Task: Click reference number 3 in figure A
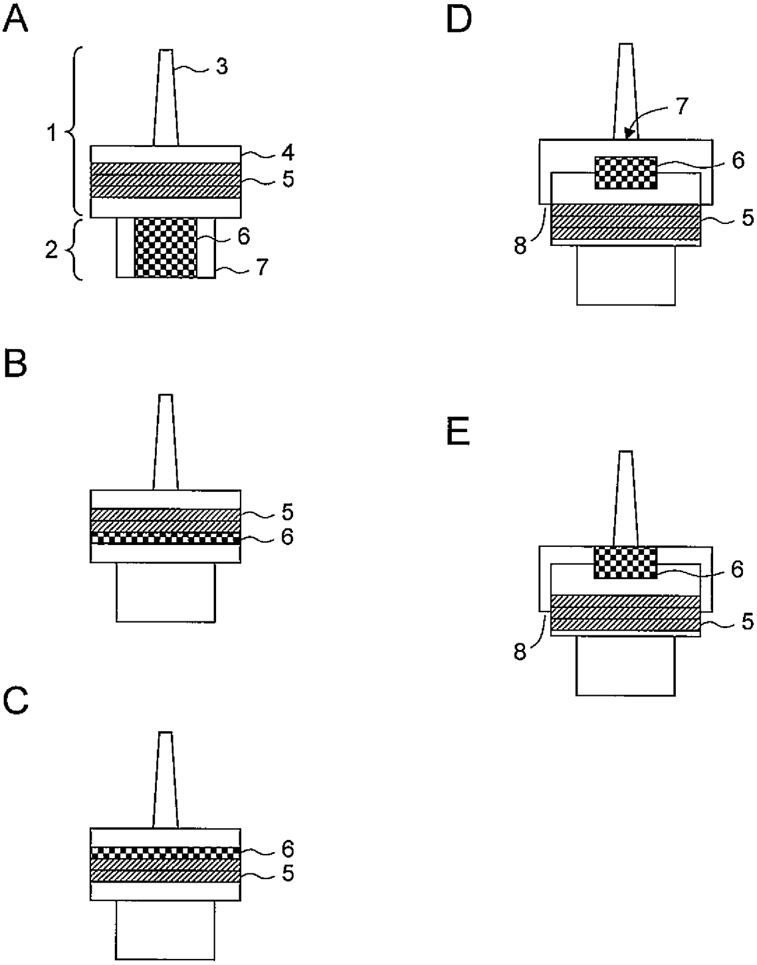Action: (x=222, y=66)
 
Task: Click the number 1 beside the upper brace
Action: (x=52, y=132)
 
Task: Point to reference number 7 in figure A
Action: (x=262, y=267)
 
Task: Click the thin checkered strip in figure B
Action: (x=165, y=538)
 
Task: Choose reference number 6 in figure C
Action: (x=287, y=848)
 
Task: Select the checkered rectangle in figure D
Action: (x=626, y=172)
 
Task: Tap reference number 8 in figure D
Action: (x=521, y=247)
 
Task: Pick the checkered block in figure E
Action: (x=626, y=562)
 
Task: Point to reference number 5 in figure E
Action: (x=748, y=621)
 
